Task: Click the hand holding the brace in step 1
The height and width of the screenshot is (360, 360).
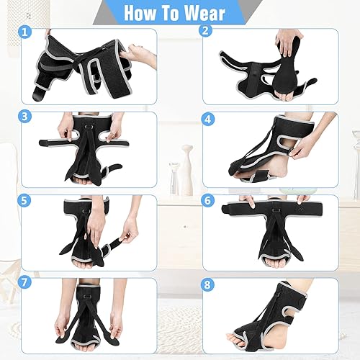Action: pos(137,54)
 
